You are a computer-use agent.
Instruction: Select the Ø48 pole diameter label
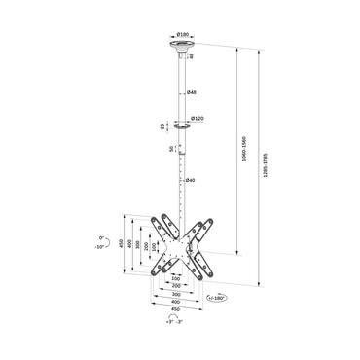[192, 92]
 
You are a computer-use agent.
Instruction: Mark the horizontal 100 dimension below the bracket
[177, 277]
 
